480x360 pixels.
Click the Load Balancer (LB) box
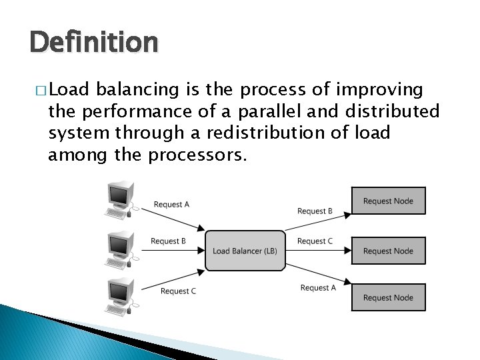(245, 251)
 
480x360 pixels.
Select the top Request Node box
(388, 201)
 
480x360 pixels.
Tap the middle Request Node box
(388, 251)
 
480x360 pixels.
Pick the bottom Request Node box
(388, 297)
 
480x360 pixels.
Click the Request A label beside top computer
(171, 205)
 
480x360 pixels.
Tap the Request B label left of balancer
(168, 241)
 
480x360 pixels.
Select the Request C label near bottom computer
(178, 291)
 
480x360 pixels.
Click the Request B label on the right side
(315, 211)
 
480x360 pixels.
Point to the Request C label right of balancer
(315, 241)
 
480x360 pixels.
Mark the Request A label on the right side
(318, 288)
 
